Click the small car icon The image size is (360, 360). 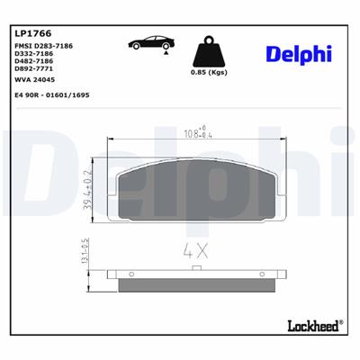pos(148,43)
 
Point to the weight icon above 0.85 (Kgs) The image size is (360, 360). pos(209,50)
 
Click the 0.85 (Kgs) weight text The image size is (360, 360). pos(210,73)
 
